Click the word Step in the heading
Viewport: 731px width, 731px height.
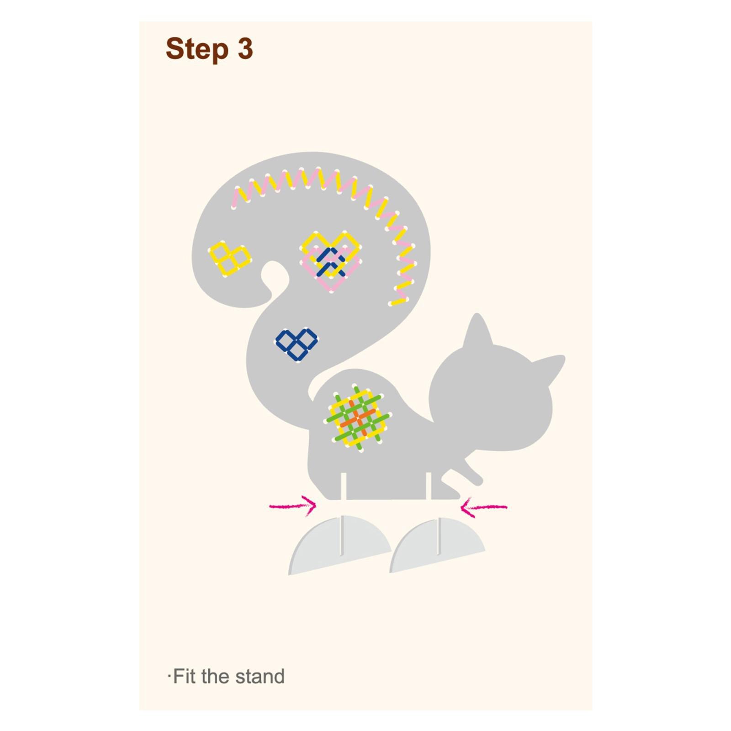(x=197, y=49)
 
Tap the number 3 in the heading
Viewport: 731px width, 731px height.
(x=245, y=48)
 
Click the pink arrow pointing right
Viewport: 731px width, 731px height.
(x=293, y=506)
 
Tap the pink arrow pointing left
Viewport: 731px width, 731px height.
(x=483, y=507)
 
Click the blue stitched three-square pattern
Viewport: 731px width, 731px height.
(x=297, y=344)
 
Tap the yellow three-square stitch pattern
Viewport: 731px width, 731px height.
(x=229, y=259)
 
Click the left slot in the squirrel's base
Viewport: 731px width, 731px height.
(x=344, y=486)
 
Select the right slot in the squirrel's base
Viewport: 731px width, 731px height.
(x=429, y=486)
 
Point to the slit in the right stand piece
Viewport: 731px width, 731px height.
(x=439, y=536)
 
